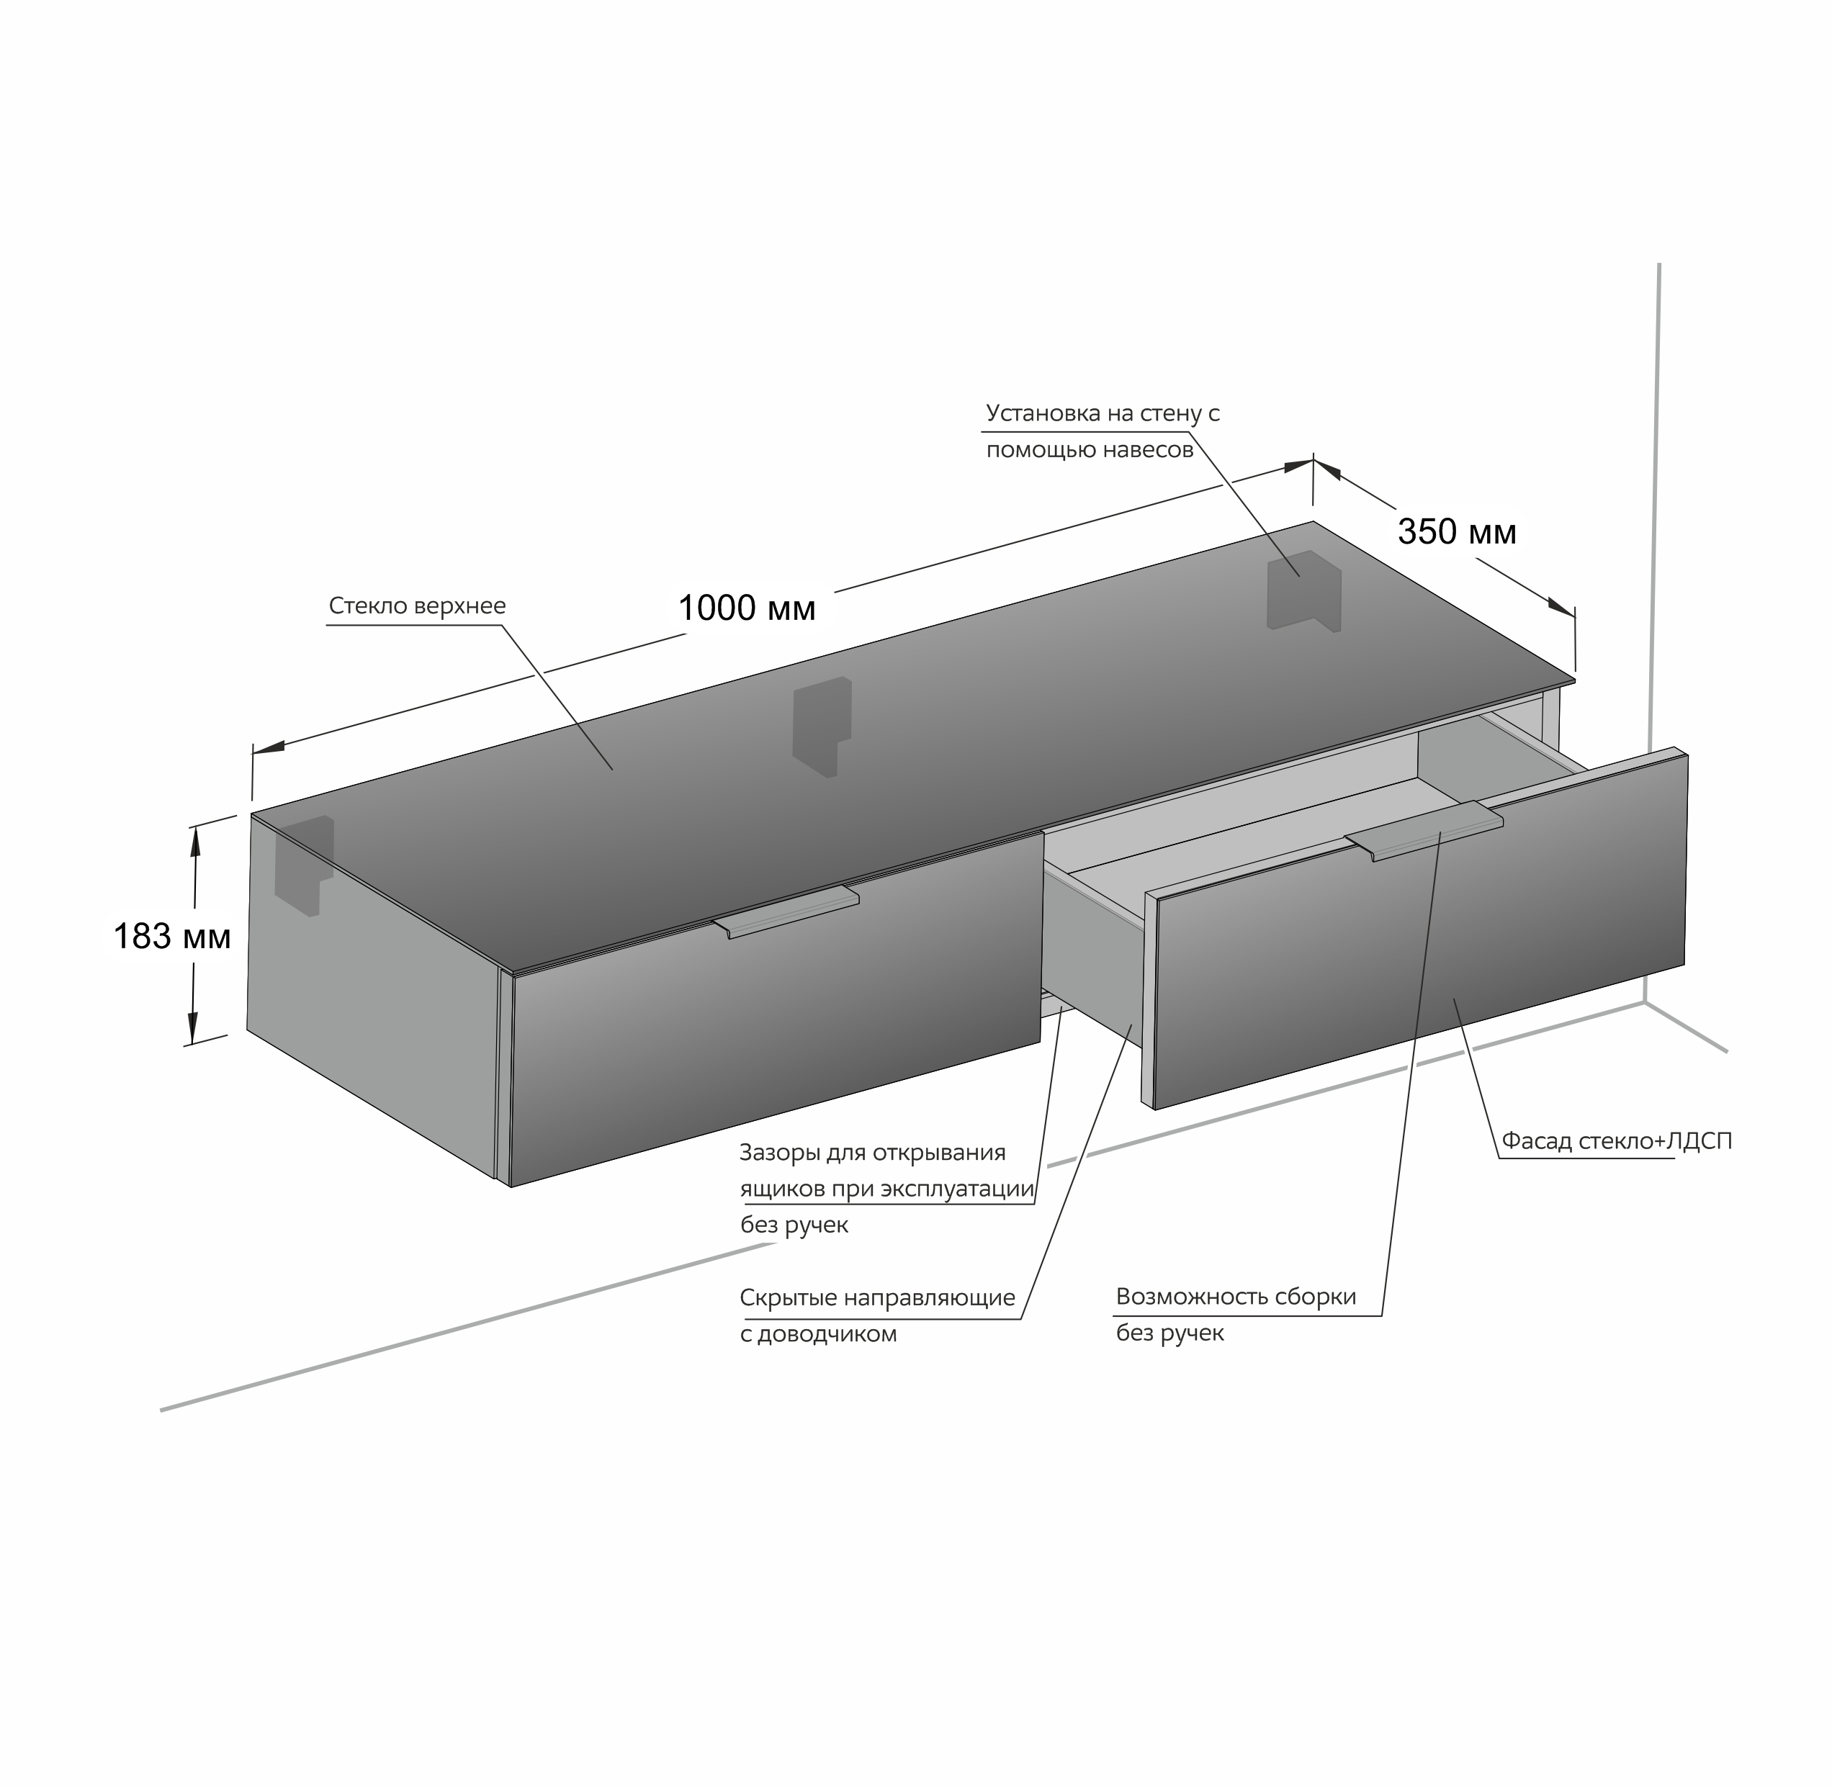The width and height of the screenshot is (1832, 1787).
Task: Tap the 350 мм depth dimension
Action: pyautogui.click(x=1457, y=532)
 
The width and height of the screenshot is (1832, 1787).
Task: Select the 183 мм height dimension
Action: pyautogui.click(x=171, y=937)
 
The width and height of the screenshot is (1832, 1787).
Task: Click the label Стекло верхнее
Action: pyautogui.click(x=417, y=606)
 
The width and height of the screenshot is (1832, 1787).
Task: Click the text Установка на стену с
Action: pyautogui.click(x=1103, y=414)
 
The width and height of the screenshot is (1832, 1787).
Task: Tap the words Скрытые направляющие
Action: pyautogui.click(x=878, y=1298)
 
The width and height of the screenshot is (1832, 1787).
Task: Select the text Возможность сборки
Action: pyautogui.click(x=1236, y=1297)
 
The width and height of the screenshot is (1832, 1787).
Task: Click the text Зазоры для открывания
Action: pyautogui.click(x=873, y=1153)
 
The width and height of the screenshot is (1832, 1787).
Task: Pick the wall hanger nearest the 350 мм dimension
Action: pyautogui.click(x=1303, y=590)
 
